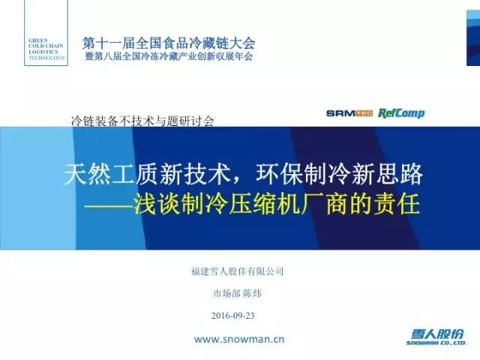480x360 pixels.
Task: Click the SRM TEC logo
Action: (x=349, y=113)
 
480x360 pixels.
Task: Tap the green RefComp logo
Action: (x=401, y=113)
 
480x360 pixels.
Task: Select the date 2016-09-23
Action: (x=233, y=316)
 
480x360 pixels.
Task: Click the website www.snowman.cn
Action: (x=239, y=340)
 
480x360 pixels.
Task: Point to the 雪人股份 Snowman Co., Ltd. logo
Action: (x=436, y=337)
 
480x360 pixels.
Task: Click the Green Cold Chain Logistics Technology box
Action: (x=46, y=33)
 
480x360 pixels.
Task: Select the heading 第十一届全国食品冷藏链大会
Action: (x=169, y=43)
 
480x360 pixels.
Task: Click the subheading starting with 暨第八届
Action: (x=169, y=56)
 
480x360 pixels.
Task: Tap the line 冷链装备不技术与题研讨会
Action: (x=142, y=121)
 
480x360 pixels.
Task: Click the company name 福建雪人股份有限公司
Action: (x=237, y=271)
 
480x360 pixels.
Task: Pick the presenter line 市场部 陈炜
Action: (x=237, y=293)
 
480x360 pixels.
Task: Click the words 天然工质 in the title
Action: (x=112, y=174)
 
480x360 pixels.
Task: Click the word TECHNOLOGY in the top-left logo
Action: (x=46, y=58)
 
